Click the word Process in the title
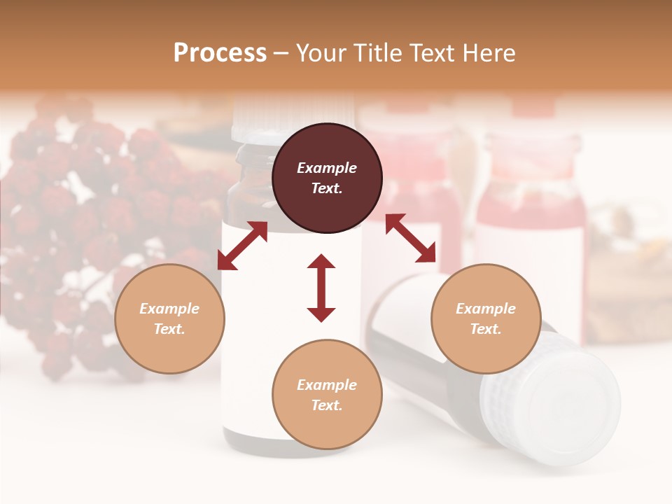point(220,52)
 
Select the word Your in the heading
point(321,52)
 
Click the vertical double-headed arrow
point(321,288)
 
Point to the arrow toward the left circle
point(242,245)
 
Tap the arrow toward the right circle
point(410,238)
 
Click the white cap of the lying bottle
point(553,399)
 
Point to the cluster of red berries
point(77,210)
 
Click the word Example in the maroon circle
point(327,168)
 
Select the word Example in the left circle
point(169,309)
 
